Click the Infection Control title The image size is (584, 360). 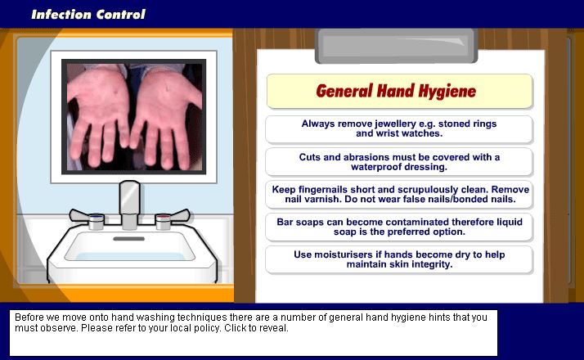click(88, 15)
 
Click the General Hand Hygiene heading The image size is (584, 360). click(396, 91)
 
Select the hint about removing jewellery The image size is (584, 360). click(399, 129)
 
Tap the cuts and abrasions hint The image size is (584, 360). click(399, 162)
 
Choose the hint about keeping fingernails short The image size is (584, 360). click(399, 195)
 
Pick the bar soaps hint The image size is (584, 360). click(399, 227)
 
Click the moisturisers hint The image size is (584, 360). click(399, 259)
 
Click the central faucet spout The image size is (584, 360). click(129, 205)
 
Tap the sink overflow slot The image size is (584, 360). click(129, 239)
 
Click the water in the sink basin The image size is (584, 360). click(129, 256)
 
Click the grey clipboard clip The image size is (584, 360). click(396, 46)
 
